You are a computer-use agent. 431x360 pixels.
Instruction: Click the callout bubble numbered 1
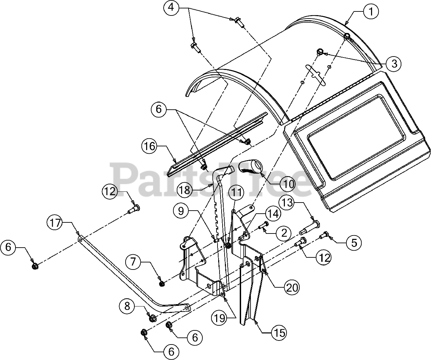click(x=371, y=12)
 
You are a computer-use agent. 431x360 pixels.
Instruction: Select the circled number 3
click(x=394, y=63)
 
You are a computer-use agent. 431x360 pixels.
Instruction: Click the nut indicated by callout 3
click(x=320, y=51)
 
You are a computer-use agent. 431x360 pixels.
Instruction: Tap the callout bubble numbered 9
click(x=182, y=211)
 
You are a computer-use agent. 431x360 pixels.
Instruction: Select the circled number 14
click(x=273, y=214)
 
